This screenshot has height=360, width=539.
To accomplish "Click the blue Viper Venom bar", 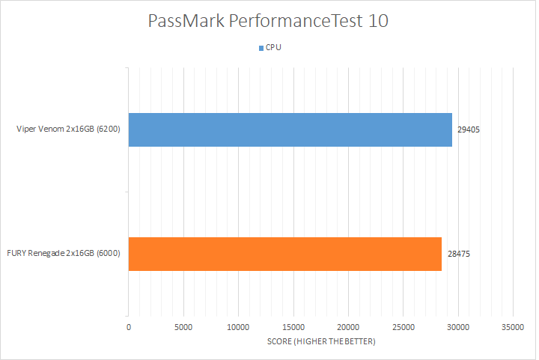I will pos(290,130).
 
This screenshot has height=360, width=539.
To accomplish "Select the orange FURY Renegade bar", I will pos(285,254).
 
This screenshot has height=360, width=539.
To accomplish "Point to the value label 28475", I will pos(457,254).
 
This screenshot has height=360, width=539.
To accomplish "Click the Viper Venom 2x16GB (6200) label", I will pos(69,130).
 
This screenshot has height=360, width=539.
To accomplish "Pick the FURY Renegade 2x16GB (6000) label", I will pos(63,254).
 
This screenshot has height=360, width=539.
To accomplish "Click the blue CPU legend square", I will pos(261,48).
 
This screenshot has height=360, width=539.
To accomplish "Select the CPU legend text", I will pos(274,48).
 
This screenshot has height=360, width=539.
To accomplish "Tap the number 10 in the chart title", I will pos(378,21).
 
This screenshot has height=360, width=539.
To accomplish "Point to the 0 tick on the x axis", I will pos(129,326).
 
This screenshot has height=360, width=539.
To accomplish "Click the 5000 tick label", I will pos(183,326).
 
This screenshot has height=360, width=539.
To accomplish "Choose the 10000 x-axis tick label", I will pos(238,326).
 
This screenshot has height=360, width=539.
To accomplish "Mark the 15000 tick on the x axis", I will pos(293,326).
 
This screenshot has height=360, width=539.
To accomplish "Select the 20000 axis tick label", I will pos(348,326).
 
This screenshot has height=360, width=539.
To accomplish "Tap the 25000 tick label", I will pos(403,326).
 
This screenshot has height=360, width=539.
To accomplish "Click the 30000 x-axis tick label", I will pos(457,326).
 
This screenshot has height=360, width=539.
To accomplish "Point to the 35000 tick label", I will pos(512,326).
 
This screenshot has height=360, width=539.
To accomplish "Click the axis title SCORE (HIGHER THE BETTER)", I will pos(320,341).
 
